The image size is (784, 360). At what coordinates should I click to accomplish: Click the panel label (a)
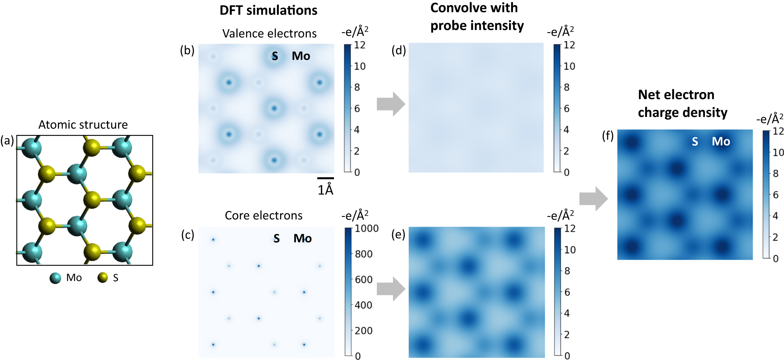point(7,140)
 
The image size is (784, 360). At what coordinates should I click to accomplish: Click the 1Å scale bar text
point(325,190)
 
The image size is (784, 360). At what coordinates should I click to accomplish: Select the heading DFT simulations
point(268,10)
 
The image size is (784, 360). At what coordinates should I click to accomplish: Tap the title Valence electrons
point(269,33)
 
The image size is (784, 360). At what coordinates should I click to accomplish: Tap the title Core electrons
point(264,216)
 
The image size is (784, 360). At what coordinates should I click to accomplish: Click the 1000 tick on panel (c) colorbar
point(367,229)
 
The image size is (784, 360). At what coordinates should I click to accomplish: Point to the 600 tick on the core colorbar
point(363,280)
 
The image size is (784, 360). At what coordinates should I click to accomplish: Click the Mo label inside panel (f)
point(721,142)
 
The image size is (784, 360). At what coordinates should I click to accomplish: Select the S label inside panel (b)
point(275,56)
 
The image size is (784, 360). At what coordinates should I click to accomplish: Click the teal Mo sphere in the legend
point(55,278)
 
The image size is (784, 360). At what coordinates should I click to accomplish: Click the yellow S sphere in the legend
point(103,278)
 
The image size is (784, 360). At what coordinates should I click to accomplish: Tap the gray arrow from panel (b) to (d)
point(391,104)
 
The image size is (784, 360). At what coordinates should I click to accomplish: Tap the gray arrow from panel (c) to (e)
point(391,289)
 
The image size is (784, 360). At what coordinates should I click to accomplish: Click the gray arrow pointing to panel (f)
point(594,199)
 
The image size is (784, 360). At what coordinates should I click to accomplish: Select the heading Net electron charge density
point(683,103)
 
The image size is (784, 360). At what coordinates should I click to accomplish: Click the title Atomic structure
point(83,125)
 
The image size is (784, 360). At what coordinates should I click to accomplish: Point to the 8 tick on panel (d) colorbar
point(566,87)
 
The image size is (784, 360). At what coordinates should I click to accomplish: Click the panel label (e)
point(398,235)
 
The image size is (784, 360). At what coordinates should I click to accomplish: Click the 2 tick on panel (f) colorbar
point(775,237)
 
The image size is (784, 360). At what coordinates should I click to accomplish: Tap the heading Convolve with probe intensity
point(477,17)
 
